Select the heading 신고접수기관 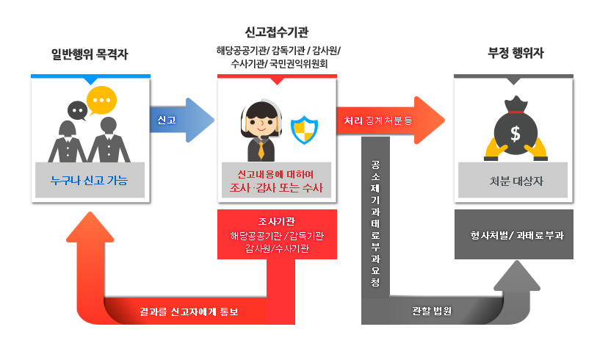click(276, 32)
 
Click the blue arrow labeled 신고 click(181, 119)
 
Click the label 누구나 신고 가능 click(90, 179)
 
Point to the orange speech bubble click(101, 98)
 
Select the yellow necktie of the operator click(261, 151)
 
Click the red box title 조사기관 click(277, 221)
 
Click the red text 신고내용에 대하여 click(276, 174)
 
